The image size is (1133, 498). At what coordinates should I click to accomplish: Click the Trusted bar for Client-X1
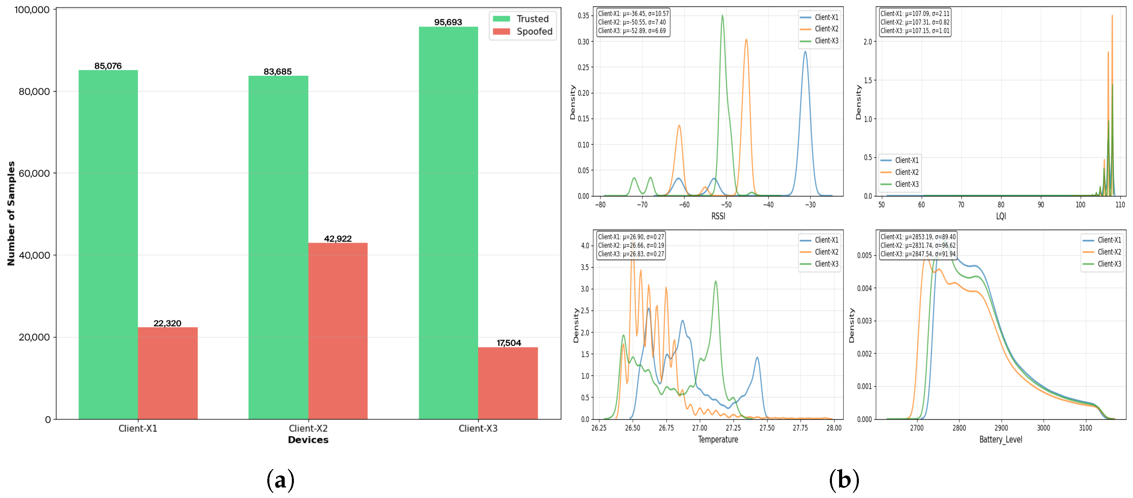click(108, 244)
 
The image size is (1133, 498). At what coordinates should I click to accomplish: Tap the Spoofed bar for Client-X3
click(508, 383)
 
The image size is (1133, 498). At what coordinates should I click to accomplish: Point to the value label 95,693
click(448, 22)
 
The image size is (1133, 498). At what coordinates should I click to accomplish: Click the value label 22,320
click(167, 323)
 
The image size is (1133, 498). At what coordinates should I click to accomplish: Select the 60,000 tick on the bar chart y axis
click(34, 173)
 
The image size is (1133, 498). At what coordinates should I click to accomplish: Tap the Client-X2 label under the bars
click(308, 428)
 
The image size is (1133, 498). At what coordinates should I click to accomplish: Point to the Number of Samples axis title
click(11, 214)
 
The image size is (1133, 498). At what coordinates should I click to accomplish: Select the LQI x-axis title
click(1001, 216)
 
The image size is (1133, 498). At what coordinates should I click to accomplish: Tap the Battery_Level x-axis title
click(1001, 439)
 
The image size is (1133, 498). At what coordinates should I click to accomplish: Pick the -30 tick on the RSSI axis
click(810, 205)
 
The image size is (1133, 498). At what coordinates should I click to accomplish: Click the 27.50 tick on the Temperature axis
click(766, 428)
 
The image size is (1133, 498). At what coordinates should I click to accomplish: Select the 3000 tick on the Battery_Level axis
click(1043, 428)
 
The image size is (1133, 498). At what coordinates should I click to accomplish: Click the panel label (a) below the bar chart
click(280, 480)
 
